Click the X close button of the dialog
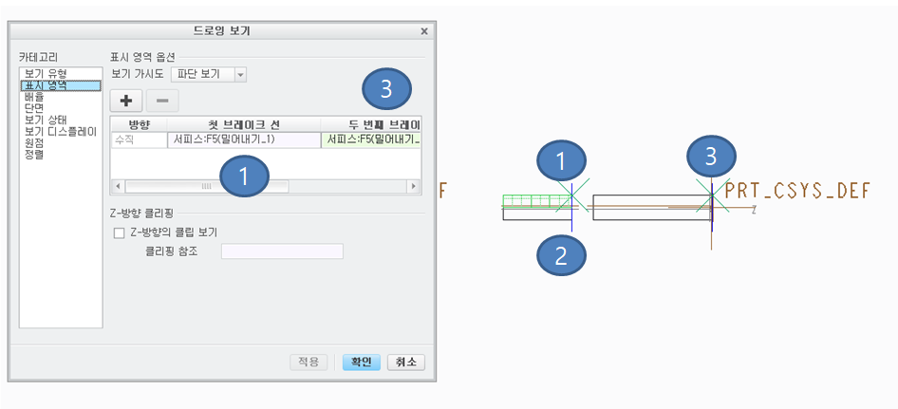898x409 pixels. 423,31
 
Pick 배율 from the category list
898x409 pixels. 34,97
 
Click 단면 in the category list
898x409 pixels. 34,108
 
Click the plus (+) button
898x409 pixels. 125,101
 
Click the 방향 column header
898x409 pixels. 140,124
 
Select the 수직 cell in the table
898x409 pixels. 139,139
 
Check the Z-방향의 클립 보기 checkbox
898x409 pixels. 119,232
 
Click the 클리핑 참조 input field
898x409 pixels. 282,251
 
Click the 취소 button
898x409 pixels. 406,362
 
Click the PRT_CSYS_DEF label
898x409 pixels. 796,191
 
